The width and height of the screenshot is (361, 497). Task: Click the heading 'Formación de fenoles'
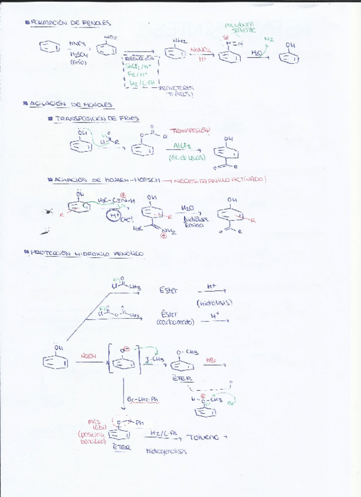coord(71,23)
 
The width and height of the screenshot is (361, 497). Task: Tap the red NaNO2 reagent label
coord(199,50)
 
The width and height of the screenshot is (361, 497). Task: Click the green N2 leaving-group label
coord(268,39)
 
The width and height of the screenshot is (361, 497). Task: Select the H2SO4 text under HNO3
coord(78,53)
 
